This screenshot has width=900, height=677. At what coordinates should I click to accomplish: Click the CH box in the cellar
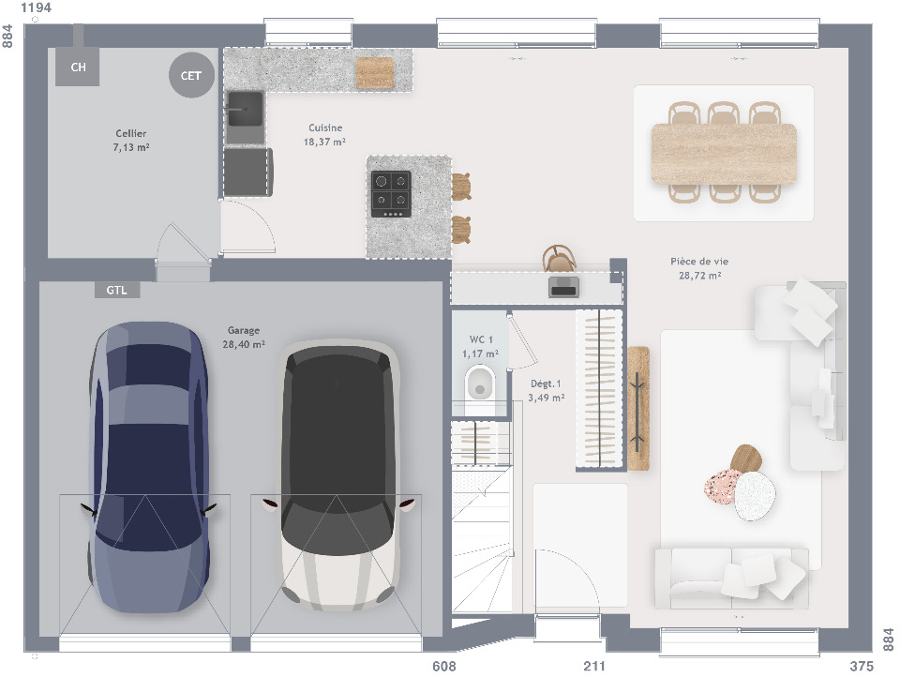(x=77, y=67)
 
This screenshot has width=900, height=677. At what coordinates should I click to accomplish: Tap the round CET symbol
(x=191, y=75)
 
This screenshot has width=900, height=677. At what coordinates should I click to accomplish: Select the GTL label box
(x=117, y=290)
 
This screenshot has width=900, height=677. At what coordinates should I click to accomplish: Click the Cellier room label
(x=131, y=140)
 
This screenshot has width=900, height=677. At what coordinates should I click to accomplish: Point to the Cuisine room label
(x=325, y=134)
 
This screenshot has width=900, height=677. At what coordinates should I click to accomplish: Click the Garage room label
(x=244, y=337)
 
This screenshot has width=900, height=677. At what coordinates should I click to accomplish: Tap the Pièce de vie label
(x=699, y=268)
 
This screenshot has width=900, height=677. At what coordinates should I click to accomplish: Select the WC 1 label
(x=480, y=347)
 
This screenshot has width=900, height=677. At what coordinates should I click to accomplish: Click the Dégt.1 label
(x=546, y=390)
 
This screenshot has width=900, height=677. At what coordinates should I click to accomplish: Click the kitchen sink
(x=245, y=109)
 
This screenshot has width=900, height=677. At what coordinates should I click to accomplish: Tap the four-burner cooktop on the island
(x=391, y=194)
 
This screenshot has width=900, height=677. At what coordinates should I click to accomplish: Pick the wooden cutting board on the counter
(x=375, y=72)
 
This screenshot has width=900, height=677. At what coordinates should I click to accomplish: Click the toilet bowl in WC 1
(x=480, y=384)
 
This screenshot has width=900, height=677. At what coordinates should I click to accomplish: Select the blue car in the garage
(x=149, y=466)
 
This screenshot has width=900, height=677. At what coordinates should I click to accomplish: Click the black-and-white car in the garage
(x=338, y=474)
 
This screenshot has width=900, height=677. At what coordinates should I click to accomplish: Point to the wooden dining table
(x=724, y=154)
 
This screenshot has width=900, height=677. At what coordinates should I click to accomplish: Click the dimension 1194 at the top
(x=36, y=8)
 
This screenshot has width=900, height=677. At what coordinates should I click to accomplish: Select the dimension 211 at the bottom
(x=594, y=666)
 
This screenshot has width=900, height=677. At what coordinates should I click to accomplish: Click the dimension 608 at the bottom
(x=444, y=666)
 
